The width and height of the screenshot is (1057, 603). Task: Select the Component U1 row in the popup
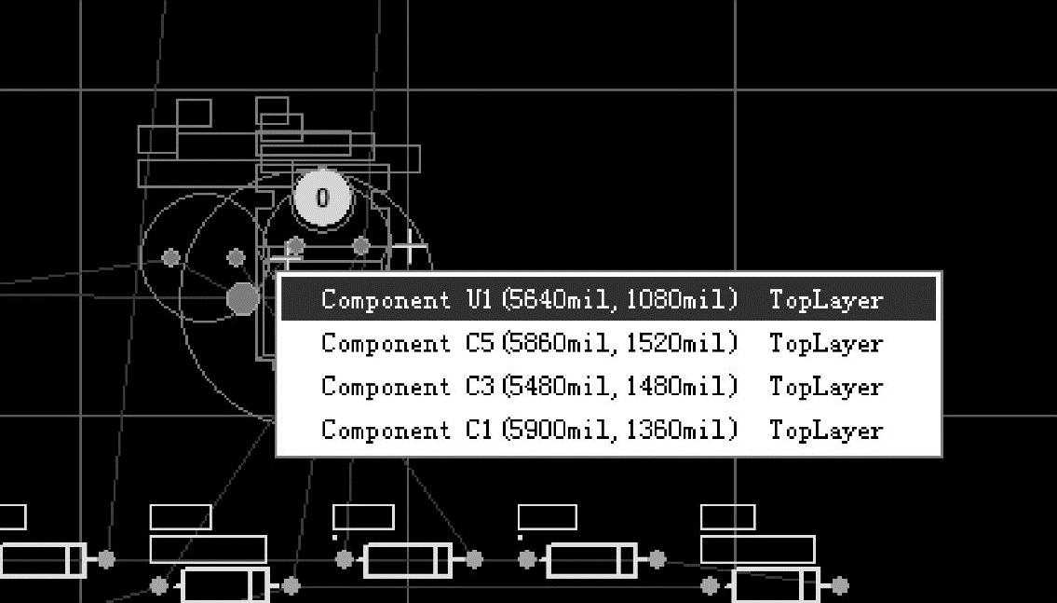coord(608,299)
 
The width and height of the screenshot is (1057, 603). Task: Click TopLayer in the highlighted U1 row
coord(826,300)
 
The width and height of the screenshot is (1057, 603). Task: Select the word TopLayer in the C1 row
coord(826,431)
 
